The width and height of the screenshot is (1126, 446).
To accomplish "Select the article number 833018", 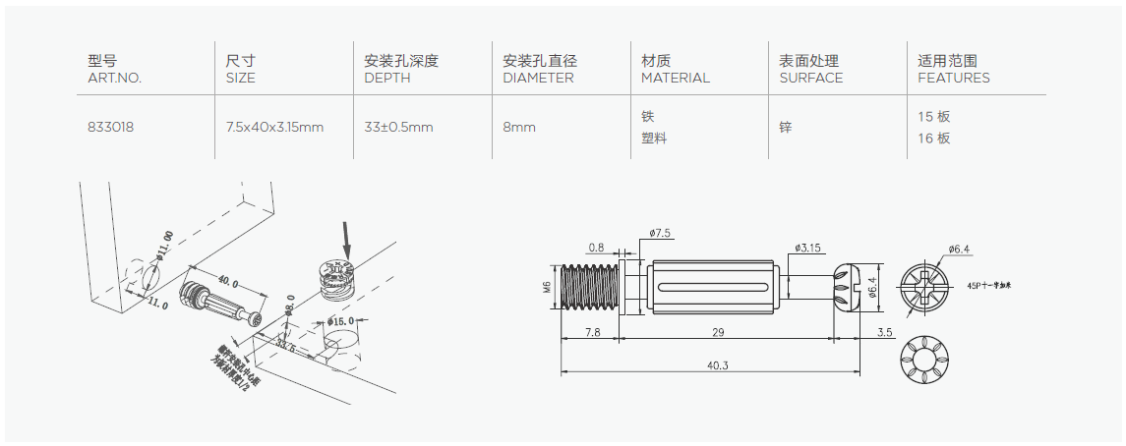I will (110, 127).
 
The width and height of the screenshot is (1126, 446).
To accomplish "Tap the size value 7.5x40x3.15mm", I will (274, 127).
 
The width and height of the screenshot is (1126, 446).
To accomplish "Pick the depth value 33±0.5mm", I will (398, 127).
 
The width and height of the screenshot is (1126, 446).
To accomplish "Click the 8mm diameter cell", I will (519, 127).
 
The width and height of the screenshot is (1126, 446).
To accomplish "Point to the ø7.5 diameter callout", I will (661, 234).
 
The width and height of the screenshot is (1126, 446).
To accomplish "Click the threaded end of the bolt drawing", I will (588, 288).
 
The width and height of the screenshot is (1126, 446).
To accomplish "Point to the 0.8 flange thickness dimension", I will (596, 248).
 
